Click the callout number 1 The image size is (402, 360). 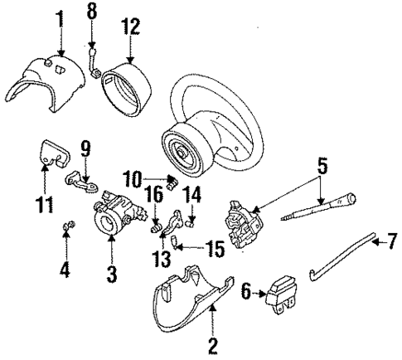pos(59,17)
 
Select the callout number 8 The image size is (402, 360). pos(91,11)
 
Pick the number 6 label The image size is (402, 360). pos(245,291)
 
